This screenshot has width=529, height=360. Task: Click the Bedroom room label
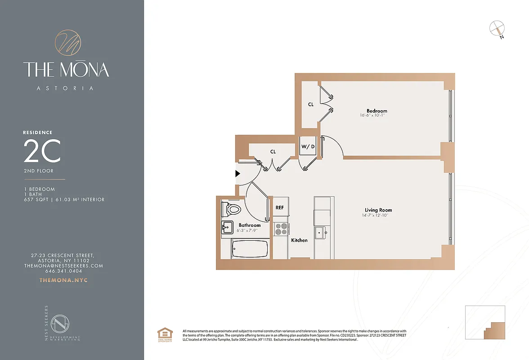(x=377, y=111)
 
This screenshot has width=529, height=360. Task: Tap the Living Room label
(x=378, y=210)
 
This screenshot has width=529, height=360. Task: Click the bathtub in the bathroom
(x=250, y=248)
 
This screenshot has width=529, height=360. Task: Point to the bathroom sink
(x=227, y=228)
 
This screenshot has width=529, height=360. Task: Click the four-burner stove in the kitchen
(x=281, y=229)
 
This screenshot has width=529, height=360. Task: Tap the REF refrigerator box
(x=279, y=207)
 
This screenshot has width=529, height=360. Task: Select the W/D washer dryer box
(x=308, y=146)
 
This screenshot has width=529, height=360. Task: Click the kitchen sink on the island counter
(x=321, y=233)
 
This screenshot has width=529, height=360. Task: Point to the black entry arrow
(x=238, y=173)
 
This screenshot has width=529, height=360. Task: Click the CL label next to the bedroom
(x=311, y=104)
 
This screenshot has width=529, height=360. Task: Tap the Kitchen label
(x=299, y=240)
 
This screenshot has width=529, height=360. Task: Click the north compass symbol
(x=496, y=28)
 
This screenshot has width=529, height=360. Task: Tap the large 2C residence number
(x=42, y=152)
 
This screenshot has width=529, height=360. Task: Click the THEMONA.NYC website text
(x=63, y=280)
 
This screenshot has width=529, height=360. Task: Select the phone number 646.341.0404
(x=63, y=271)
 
